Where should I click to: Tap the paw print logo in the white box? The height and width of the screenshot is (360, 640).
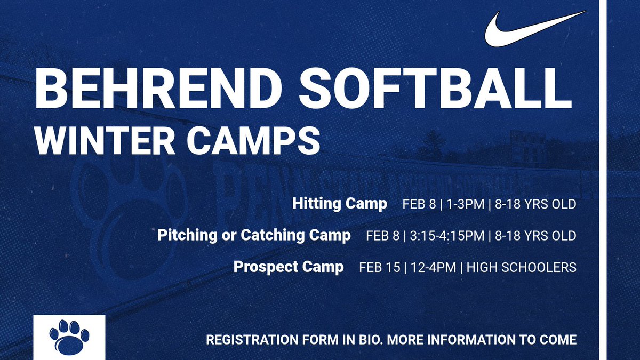(69, 338)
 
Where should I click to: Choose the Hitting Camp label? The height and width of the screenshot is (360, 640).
(340, 204)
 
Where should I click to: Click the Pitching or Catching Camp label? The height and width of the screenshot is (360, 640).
(254, 236)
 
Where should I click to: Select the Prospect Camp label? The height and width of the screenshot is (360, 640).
(289, 267)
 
